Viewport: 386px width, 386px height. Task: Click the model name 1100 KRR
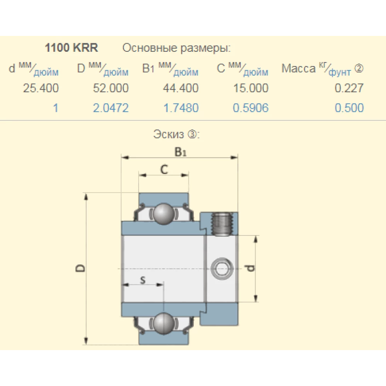tap(71, 47)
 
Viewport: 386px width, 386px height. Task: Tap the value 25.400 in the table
tap(41, 88)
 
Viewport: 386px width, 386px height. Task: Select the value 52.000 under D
tap(111, 88)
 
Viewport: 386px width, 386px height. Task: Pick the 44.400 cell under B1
tap(181, 88)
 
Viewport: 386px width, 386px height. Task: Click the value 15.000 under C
tap(251, 88)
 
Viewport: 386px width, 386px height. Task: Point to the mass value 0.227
tap(349, 88)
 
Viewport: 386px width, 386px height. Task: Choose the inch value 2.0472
tap(111, 108)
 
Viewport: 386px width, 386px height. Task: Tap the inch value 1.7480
tap(181, 108)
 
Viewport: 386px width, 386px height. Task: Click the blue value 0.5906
tap(251, 108)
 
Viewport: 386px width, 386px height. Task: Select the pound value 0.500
tap(349, 108)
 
